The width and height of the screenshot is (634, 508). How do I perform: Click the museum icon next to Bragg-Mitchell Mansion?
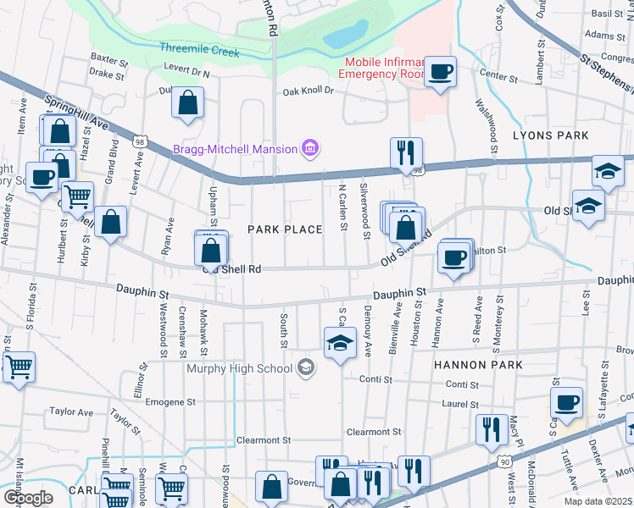310,150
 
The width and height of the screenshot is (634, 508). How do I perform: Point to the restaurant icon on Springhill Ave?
406,153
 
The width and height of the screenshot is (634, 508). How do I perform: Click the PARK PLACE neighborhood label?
285,229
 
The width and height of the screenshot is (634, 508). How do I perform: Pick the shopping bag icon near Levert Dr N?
187,103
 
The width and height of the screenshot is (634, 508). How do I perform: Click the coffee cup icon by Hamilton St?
455,257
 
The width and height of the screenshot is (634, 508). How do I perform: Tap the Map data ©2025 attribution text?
598,501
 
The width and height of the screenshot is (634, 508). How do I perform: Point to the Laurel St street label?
460,405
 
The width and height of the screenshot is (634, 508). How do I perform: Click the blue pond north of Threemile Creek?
340,36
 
